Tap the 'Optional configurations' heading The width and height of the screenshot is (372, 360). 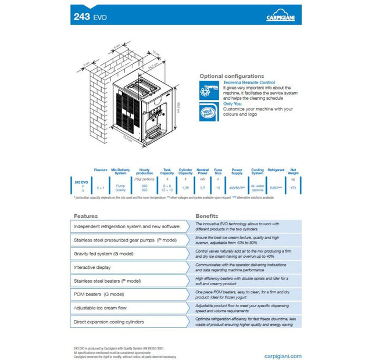click(231, 76)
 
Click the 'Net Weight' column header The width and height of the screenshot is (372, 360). click(293, 172)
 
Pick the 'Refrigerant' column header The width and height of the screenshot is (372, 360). click(276, 171)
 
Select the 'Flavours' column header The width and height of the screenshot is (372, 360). click(101, 171)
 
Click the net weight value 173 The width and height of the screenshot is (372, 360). click(293, 188)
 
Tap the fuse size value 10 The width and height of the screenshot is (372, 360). click(218, 188)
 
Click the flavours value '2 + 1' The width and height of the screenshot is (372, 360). click(101, 188)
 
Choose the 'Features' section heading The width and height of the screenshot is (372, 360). click(85, 215)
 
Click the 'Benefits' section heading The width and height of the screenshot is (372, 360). click(207, 215)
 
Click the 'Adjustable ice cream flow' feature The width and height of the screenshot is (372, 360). click(100, 308)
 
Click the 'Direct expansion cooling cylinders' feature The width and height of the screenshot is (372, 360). click(109, 321)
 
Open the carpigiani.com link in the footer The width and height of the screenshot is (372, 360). click(280, 355)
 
